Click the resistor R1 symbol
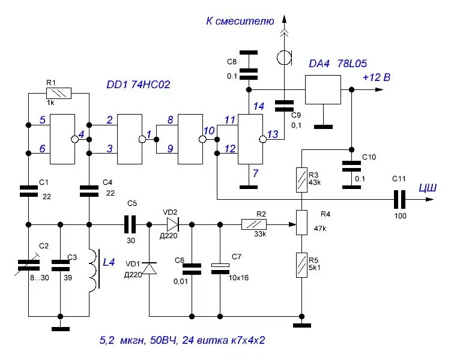[x=59, y=93]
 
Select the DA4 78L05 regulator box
[x=323, y=89]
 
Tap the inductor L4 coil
[x=94, y=271]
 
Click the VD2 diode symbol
[x=173, y=224]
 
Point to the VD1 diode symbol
[x=150, y=268]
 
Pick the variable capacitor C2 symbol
[x=28, y=265]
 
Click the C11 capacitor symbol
[x=399, y=199]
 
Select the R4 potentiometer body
[x=301, y=223]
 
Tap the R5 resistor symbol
[x=301, y=265]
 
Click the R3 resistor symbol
[x=301, y=180]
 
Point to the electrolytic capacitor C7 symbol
[x=220, y=269]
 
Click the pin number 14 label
[x=258, y=106]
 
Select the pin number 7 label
[x=255, y=173]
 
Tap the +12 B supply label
[x=377, y=77]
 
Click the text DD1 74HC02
[x=138, y=85]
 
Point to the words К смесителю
[x=240, y=21]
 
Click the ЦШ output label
[x=428, y=188]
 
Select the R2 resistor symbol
[x=254, y=224]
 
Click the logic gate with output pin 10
[x=190, y=139]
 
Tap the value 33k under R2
[x=260, y=234]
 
